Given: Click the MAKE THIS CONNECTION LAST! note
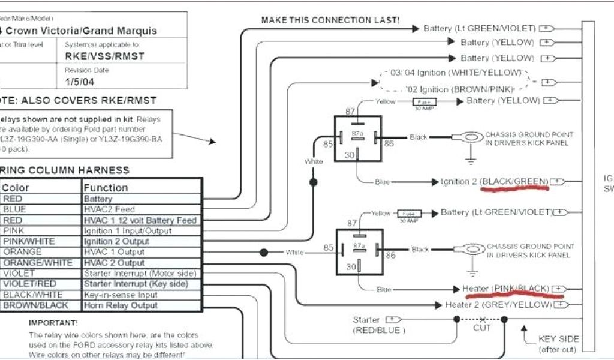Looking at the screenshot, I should coord(331,20).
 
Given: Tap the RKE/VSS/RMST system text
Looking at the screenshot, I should coord(104,56).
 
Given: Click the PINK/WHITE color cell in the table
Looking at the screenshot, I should coord(29,241).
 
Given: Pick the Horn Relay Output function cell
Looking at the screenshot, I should coord(121,305).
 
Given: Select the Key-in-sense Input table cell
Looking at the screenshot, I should coord(122,295).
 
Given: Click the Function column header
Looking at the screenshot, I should coord(106,188).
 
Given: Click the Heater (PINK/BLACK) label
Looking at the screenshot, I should coord(506,289).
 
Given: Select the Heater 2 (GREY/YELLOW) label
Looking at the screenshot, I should coord(498,305).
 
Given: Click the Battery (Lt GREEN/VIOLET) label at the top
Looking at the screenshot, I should coord(480,28).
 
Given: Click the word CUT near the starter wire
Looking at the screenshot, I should coord(482,328).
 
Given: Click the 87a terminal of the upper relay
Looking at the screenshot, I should coord(357,132).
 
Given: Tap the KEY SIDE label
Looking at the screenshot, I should coord(558,339).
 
